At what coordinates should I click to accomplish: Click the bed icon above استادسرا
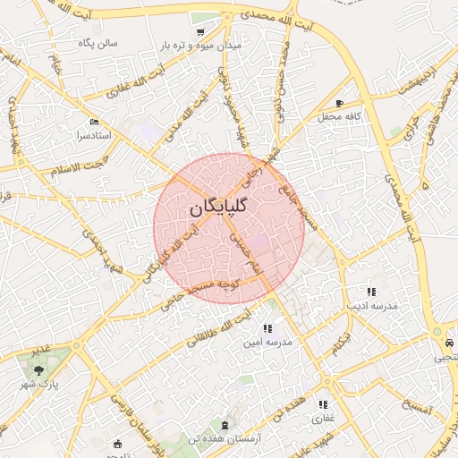[95, 123]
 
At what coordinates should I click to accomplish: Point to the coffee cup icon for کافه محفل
[339, 104]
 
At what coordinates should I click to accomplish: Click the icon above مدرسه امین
[268, 328]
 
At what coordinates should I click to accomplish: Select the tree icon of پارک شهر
[38, 369]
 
